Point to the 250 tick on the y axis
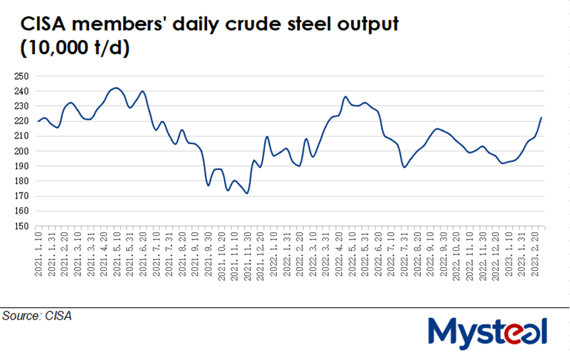point(21,76)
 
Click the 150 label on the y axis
point(21,226)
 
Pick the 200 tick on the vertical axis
point(21,151)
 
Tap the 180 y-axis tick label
point(21,181)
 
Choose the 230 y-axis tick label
point(21,106)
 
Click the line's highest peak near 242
point(116,88)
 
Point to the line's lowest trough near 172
point(246,193)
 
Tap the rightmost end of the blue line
point(541,118)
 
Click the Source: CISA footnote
point(37,316)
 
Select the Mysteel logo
point(488,331)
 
